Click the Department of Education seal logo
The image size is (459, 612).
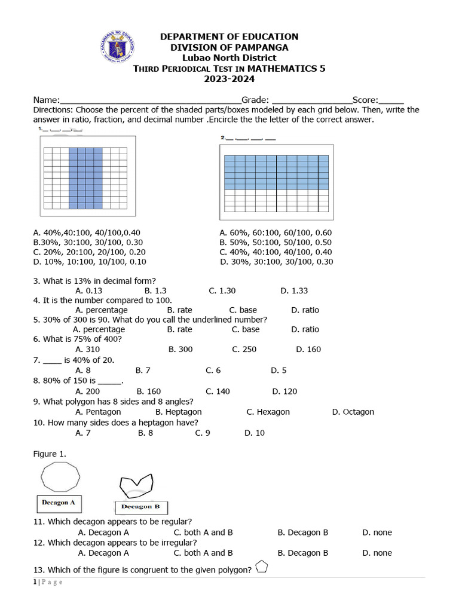tap(118, 48)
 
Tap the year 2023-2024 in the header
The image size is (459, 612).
tap(229, 79)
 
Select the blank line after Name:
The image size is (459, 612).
tap(150, 100)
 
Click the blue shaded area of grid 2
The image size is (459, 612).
tap(276, 172)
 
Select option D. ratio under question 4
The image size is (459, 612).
tap(305, 310)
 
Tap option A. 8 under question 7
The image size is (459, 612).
tap(83, 371)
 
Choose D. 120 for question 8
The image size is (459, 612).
tap(284, 391)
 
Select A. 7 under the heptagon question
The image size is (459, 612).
tap(83, 433)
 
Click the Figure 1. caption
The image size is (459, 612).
tap(50, 454)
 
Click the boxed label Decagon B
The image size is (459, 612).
tap(140, 507)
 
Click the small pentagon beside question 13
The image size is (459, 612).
tap(261, 567)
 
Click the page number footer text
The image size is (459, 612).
tap(48, 583)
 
